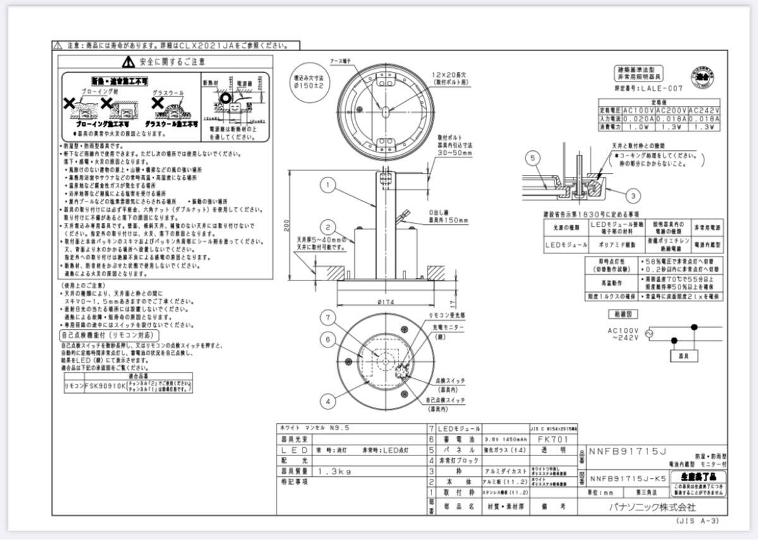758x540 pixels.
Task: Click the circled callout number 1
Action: (x=327, y=185)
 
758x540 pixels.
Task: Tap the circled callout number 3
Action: (x=633, y=195)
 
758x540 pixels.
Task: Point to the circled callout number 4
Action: (x=327, y=400)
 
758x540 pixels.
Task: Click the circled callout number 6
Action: (x=327, y=340)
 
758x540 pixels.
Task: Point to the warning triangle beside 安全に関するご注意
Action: (x=129, y=62)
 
